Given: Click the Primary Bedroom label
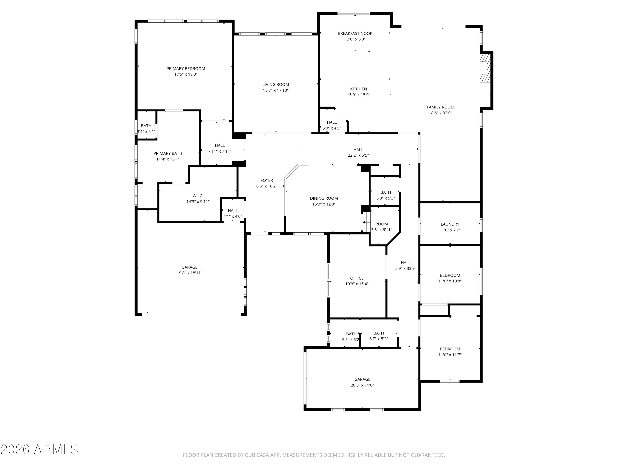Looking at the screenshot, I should pyautogui.click(x=186, y=69).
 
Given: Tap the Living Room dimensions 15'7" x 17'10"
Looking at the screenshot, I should pyautogui.click(x=275, y=90).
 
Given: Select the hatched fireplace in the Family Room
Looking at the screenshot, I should pyautogui.click(x=485, y=68).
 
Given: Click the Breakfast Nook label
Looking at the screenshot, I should pyautogui.click(x=355, y=33).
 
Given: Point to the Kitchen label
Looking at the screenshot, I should pyautogui.click(x=358, y=89).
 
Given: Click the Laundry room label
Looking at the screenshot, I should pyautogui.click(x=450, y=224).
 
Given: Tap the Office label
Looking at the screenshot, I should pyautogui.click(x=356, y=278).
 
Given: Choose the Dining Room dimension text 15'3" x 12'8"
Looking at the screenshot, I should pyautogui.click(x=324, y=204).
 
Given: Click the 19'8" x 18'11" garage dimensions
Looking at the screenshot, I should pyautogui.click(x=189, y=273).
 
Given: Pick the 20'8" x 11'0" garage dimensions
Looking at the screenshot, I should pyautogui.click(x=362, y=385).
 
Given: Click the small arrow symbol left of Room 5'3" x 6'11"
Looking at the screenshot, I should pyautogui.click(x=366, y=222).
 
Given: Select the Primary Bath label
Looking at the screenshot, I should pyautogui.click(x=168, y=153).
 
